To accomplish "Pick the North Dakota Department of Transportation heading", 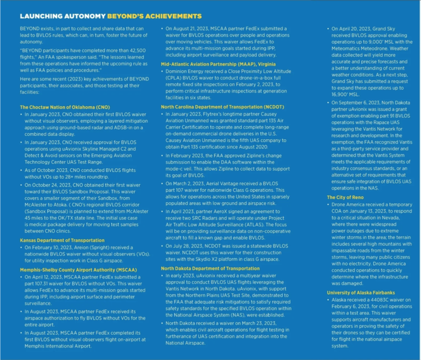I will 210,268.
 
